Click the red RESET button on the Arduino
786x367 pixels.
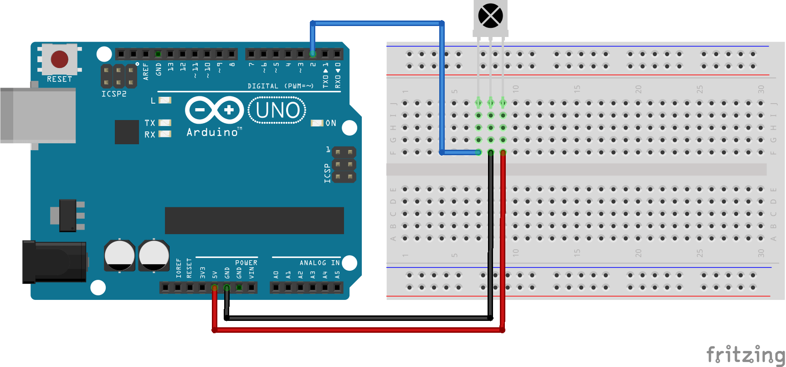point(60,59)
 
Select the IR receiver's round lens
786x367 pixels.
point(490,16)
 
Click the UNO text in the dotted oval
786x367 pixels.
point(277,110)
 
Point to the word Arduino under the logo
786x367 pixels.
point(212,132)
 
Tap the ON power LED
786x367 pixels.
point(317,123)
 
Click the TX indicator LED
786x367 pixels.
point(164,123)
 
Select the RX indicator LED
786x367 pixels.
point(164,134)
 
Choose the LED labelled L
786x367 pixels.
point(164,100)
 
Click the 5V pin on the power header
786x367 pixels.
point(215,288)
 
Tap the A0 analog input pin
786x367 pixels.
point(276,288)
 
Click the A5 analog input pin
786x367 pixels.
point(337,288)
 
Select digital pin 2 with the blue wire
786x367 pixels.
point(313,54)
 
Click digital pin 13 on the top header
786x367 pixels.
point(170,54)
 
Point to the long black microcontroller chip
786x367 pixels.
point(254,220)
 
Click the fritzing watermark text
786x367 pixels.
point(745,355)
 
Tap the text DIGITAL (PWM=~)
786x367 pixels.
point(280,86)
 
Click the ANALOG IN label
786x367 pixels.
point(319,263)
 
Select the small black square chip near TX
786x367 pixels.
point(127,132)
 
